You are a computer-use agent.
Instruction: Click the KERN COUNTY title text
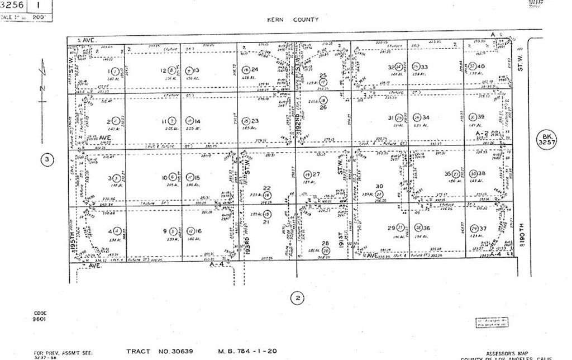(293, 20)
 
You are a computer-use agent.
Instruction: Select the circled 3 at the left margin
(47, 160)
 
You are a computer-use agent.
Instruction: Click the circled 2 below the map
(298, 297)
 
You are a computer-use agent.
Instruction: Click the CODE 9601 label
(40, 316)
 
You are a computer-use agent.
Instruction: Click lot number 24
(255, 70)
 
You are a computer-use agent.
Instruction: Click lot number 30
(380, 186)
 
